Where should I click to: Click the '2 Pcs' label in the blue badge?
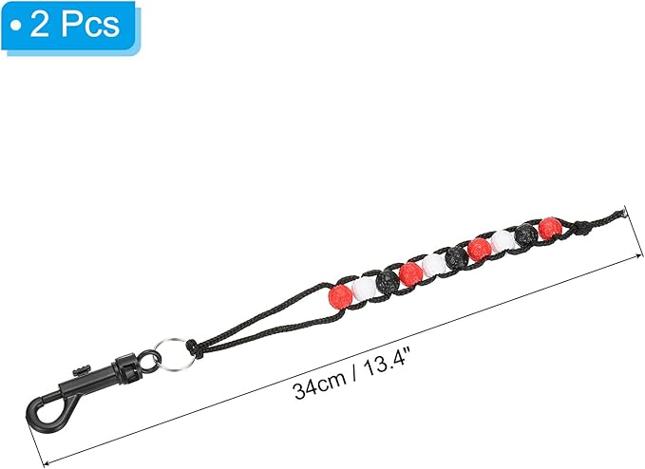75,26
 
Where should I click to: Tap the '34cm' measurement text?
320,387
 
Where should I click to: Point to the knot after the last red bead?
580,227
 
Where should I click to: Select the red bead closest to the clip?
341,295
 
